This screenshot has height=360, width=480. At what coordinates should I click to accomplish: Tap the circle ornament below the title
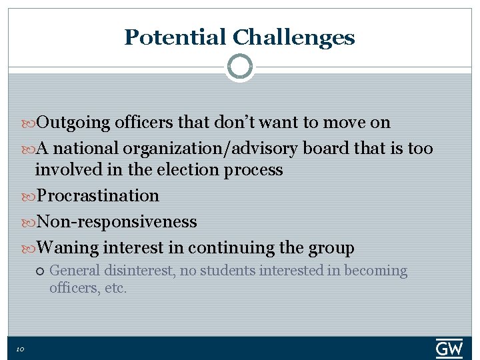[x=239, y=67]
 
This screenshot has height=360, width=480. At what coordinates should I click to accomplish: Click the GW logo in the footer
[x=449, y=349]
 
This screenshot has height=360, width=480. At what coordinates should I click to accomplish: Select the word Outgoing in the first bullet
[x=73, y=123]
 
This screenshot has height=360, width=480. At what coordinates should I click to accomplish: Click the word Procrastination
[x=98, y=196]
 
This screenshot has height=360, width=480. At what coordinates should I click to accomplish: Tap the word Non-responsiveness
[x=117, y=222]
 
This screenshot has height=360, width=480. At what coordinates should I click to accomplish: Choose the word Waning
[x=67, y=248]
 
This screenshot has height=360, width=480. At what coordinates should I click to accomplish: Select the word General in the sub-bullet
[x=75, y=271]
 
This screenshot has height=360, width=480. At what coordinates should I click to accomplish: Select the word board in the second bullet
[x=325, y=149]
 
